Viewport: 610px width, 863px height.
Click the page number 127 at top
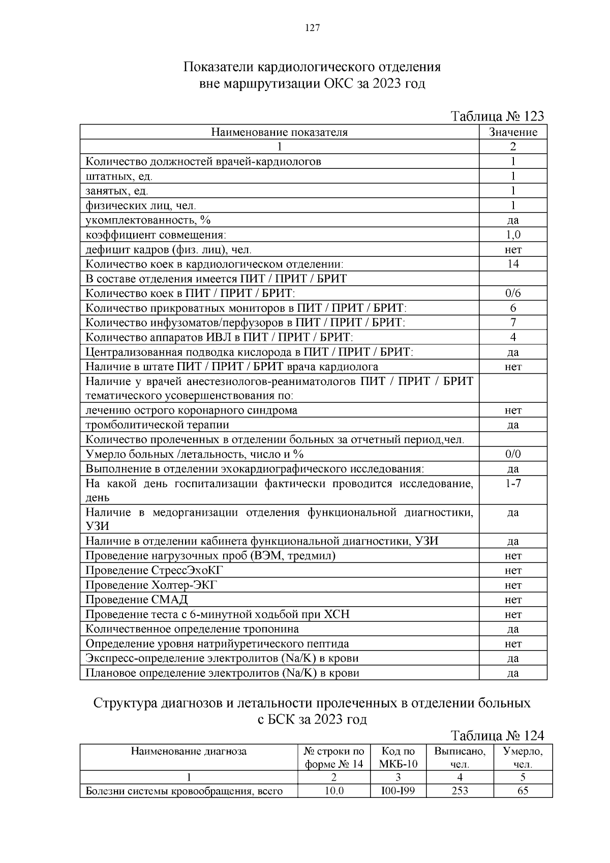[312, 28]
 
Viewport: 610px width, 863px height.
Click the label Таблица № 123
[498, 116]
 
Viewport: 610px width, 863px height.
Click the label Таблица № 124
[498, 735]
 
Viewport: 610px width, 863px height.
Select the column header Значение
[513, 132]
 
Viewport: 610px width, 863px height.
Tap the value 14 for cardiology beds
[513, 264]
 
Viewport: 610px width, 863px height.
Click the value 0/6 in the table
[513, 293]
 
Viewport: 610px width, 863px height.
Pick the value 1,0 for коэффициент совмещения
[513, 234]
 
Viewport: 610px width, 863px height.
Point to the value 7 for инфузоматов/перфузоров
[513, 322]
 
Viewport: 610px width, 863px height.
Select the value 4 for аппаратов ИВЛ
[513, 337]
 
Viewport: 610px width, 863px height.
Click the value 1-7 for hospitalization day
[513, 484]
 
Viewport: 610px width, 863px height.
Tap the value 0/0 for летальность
[513, 454]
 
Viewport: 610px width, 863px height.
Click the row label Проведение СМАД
[136, 600]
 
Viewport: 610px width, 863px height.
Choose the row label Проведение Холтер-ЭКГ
[151, 585]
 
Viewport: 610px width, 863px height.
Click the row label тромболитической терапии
[157, 425]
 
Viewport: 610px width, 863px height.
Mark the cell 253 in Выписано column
[460, 791]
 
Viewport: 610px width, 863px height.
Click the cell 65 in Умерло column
[523, 791]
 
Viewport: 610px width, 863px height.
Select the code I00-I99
[398, 791]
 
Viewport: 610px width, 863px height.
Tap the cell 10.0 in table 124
[334, 791]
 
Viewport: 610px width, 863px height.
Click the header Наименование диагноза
[189, 751]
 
